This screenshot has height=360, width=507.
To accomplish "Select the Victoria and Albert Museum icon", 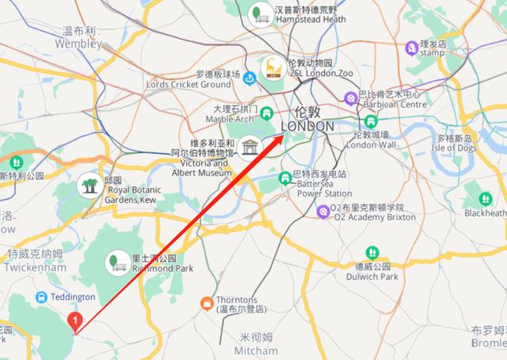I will [x=251, y=147].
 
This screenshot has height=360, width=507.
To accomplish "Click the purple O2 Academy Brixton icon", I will [x=323, y=212].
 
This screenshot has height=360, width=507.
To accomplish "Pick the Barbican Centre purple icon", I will [x=350, y=99].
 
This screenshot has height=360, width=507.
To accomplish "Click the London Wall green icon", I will [x=370, y=121].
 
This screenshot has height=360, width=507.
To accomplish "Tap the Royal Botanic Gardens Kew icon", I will [x=89, y=187].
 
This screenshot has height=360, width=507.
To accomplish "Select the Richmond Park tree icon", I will [x=116, y=260].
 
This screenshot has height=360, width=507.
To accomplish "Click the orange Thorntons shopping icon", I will [x=206, y=303].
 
